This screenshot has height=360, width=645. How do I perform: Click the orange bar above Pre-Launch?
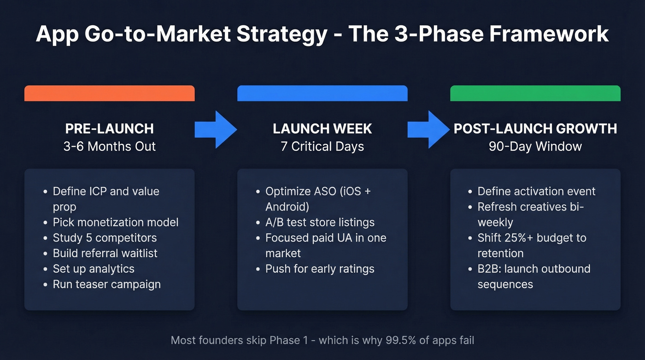(x=109, y=93)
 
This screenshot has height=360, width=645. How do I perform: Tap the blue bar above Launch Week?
(x=322, y=93)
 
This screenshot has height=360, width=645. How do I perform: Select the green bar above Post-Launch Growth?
(x=535, y=93)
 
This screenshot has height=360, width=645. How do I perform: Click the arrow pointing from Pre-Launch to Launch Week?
(x=215, y=130)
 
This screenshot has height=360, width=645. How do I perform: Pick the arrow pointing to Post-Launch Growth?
(x=428, y=130)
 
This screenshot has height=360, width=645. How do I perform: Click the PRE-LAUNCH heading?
(x=109, y=129)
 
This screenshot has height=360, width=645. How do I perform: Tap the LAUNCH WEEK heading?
(x=322, y=129)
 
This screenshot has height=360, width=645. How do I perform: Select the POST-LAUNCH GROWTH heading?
(x=535, y=129)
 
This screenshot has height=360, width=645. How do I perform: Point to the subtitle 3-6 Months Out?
(x=109, y=147)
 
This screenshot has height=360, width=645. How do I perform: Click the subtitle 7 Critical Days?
(x=322, y=147)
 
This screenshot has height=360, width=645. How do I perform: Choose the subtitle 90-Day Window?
(x=535, y=147)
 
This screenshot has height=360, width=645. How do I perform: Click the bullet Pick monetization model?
(x=115, y=222)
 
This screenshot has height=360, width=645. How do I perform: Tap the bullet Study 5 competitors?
(x=105, y=238)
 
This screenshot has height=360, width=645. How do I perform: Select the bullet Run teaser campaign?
(x=106, y=284)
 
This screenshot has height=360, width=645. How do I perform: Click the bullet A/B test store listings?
(x=320, y=222)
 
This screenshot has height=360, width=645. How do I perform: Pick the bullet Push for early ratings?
(x=320, y=269)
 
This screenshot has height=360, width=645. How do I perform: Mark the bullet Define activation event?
(x=536, y=191)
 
